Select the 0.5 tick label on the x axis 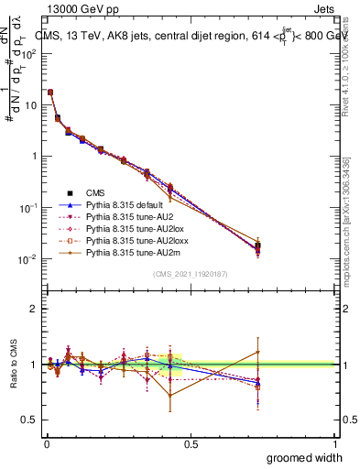191,443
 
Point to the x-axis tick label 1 335,443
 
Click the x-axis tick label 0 46,443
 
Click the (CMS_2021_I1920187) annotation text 191,274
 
